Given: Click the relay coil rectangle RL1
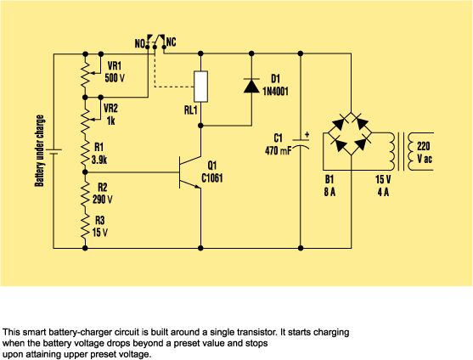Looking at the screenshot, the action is tap(200, 87).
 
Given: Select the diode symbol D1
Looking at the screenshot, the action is tap(251, 85).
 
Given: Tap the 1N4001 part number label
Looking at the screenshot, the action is tap(275, 92).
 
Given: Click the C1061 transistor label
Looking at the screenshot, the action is tap(212, 178).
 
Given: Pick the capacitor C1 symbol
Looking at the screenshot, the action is tap(301, 143).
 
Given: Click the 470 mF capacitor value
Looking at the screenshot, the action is tap(279, 151).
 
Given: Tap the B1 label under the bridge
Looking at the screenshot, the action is tap(329, 180).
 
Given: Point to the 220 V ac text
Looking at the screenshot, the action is tap(424, 153).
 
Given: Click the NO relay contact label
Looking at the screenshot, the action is tap(140, 44).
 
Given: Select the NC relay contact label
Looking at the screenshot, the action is tap(171, 42).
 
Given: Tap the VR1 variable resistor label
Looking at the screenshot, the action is tap(115, 66).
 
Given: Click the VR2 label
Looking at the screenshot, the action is tap(110, 108).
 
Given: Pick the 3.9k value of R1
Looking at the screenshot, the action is tap(99, 160).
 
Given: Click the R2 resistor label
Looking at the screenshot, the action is tap(102, 188).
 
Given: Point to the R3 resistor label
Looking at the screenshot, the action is tap(100, 221).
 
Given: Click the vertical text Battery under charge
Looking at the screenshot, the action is tap(40, 151).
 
